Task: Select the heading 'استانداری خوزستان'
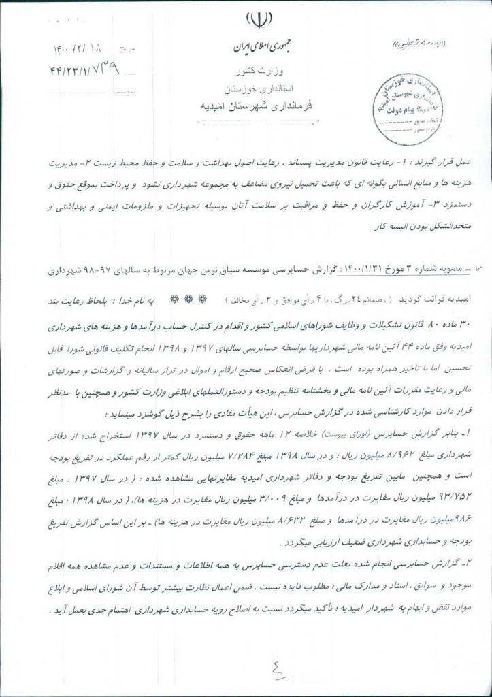pos(256,88)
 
